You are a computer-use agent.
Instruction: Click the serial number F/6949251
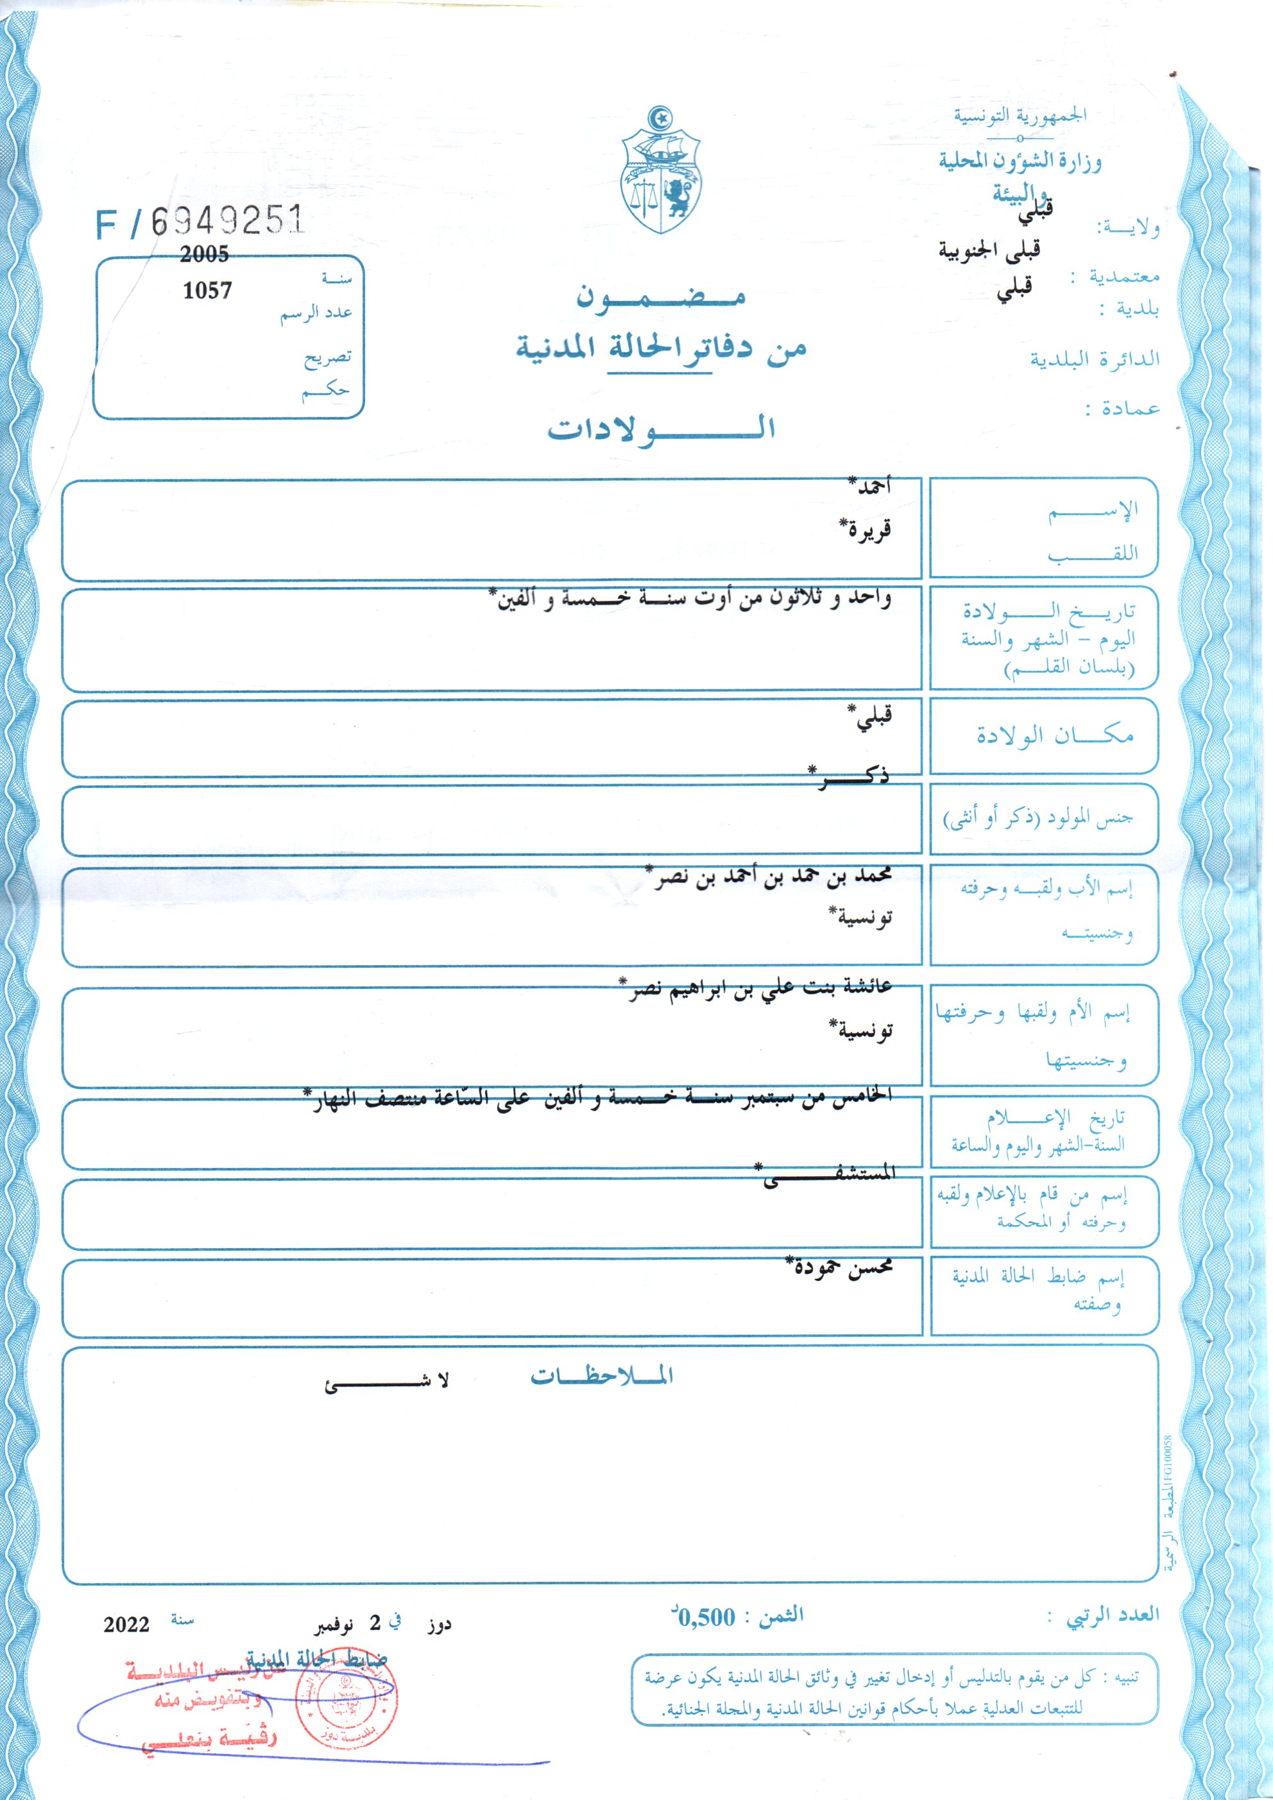pyautogui.click(x=200, y=223)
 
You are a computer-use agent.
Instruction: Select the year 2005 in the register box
pyautogui.click(x=204, y=254)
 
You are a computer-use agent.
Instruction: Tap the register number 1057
pyautogui.click(x=207, y=291)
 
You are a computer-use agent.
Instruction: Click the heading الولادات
pyautogui.click(x=661, y=429)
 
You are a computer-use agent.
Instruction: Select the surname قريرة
pyautogui.click(x=866, y=530)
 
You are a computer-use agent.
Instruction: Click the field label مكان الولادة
pyautogui.click(x=1054, y=735)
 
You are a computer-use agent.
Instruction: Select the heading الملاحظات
pyautogui.click(x=601, y=1376)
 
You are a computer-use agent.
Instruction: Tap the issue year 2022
pyautogui.click(x=126, y=1624)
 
